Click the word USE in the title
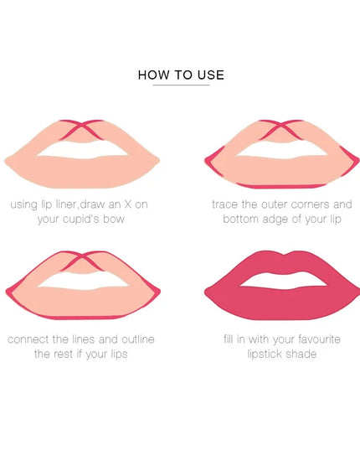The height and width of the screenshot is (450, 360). (x=210, y=75)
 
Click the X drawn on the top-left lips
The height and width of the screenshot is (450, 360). (x=81, y=131)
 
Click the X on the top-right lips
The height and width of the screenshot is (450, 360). (x=279, y=131)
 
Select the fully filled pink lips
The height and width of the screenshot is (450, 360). (x=279, y=292)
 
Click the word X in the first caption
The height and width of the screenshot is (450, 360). (x=141, y=204)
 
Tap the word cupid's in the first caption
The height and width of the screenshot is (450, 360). (x=93, y=219)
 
